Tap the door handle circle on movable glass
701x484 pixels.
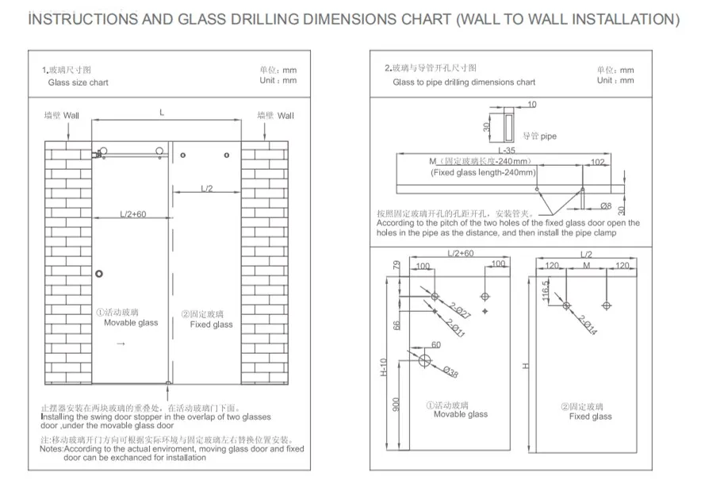click(x=98, y=274)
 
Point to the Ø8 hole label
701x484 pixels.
click(x=605, y=205)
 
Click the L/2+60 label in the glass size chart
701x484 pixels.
click(x=133, y=214)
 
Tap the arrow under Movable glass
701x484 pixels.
click(x=121, y=344)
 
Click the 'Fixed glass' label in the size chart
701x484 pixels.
click(x=211, y=324)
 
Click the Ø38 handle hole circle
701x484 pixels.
click(x=425, y=362)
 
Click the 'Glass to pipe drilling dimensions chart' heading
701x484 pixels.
click(x=464, y=82)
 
